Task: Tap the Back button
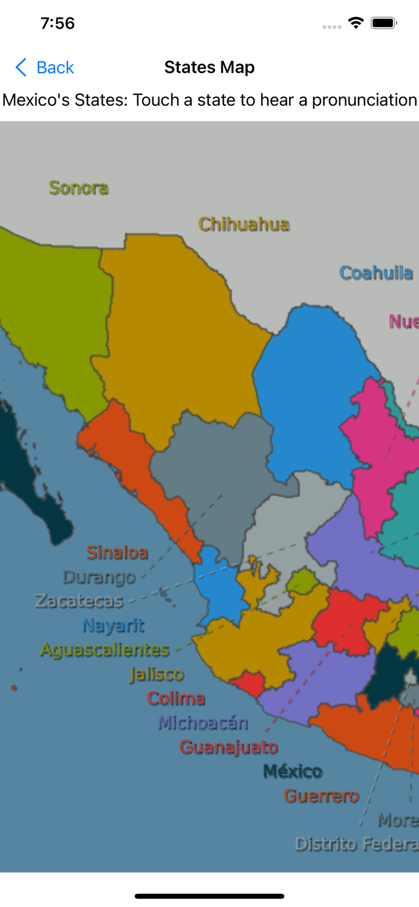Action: (45, 67)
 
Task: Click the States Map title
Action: (209, 67)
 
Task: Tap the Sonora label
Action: (79, 188)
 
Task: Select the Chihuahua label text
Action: (244, 224)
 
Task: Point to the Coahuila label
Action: (376, 273)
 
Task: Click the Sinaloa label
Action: (117, 552)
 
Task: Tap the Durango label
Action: (99, 577)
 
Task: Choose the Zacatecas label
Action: (79, 601)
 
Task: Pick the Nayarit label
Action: (113, 625)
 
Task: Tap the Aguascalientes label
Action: (105, 650)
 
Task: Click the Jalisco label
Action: (156, 674)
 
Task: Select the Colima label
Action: (176, 698)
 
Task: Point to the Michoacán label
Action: (203, 723)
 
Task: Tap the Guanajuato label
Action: (229, 747)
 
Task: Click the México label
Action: (293, 771)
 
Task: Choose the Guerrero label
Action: (321, 796)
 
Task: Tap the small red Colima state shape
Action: (248, 684)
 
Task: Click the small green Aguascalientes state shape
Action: (302, 582)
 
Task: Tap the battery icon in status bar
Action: (383, 23)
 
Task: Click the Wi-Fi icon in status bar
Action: (356, 23)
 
